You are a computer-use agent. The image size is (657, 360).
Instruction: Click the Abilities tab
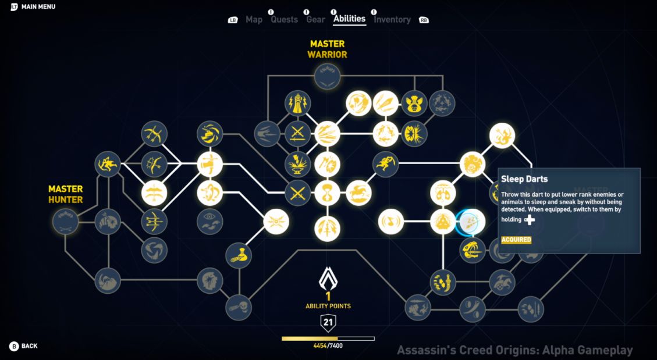350,19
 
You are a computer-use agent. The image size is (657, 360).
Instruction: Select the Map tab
254,20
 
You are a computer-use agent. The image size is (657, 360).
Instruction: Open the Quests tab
284,20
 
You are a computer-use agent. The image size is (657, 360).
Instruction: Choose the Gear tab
315,20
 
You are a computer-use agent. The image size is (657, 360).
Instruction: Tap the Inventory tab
392,20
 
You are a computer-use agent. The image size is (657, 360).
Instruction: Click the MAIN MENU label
38,7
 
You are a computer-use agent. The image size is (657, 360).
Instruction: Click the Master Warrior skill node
327,76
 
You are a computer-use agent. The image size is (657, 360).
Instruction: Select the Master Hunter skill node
66,222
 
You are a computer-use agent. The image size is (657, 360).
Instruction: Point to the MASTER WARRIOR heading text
327,49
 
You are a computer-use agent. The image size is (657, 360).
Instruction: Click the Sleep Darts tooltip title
524,179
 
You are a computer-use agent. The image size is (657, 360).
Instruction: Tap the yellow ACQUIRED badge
516,240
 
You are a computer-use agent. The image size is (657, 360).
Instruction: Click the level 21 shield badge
328,322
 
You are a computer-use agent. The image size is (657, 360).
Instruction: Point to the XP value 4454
320,346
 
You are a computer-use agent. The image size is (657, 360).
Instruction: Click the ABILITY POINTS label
328,306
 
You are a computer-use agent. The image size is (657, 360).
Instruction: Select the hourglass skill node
327,193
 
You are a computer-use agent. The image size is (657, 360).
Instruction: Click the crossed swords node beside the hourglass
297,193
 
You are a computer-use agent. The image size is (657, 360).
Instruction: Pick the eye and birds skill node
210,222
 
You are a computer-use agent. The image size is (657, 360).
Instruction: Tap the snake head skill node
473,250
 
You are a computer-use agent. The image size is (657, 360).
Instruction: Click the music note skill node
391,222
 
